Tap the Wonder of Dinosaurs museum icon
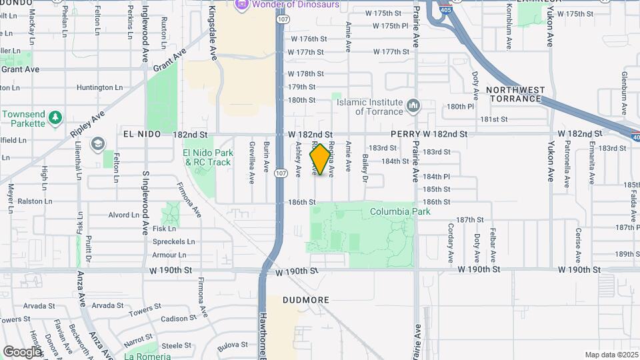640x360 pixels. (241, 5)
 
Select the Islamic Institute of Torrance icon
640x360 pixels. (413, 106)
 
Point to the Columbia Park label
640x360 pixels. (401, 212)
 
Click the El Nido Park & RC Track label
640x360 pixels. (207, 157)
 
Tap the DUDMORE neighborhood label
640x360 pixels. (307, 300)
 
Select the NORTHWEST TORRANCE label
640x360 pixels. (515, 94)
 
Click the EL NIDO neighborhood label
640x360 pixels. (142, 134)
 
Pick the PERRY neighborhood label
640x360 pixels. (405, 134)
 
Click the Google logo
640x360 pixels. (22, 351)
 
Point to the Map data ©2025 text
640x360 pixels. (611, 355)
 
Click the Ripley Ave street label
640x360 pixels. (88, 124)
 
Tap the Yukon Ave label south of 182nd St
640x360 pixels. (551, 163)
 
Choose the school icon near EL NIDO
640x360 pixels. (98, 144)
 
